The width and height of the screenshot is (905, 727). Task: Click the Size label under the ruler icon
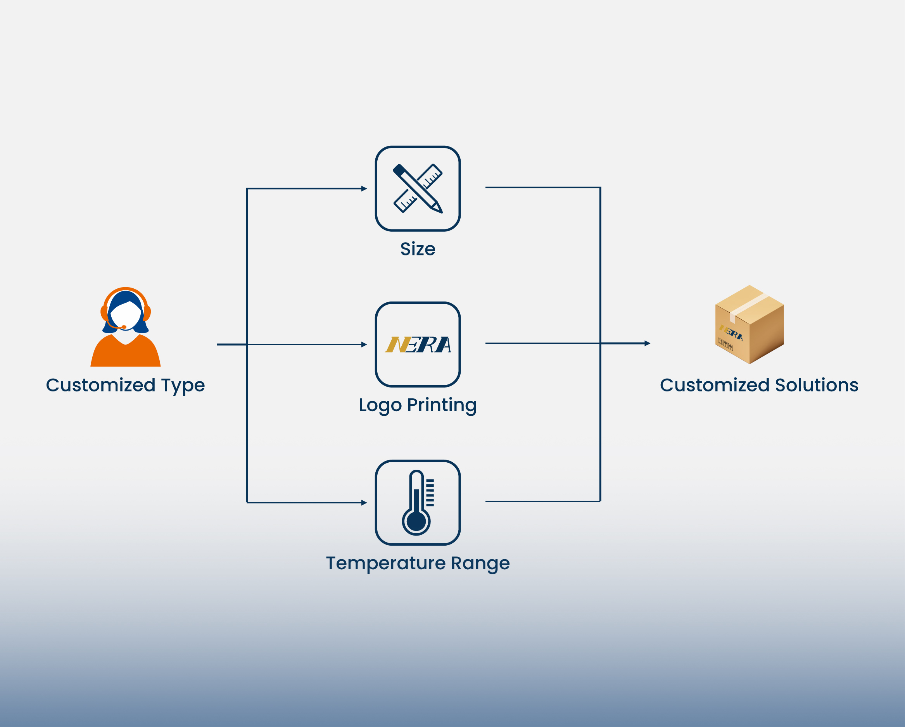click(x=418, y=249)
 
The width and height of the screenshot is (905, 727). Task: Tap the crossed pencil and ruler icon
click(x=418, y=188)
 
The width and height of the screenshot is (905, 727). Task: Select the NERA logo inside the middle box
click(x=418, y=345)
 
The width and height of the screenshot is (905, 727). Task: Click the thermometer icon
click(x=417, y=503)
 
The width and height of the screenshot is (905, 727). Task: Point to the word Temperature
click(x=386, y=563)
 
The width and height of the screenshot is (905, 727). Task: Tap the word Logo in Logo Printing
click(x=380, y=406)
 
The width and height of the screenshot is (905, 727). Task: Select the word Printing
click(x=442, y=406)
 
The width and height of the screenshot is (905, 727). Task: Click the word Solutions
click(x=817, y=385)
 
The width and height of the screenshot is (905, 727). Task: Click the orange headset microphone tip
click(x=124, y=327)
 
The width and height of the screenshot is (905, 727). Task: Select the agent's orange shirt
click(x=126, y=352)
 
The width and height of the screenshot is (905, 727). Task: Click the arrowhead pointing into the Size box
click(x=364, y=189)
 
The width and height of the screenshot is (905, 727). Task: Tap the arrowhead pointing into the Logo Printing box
click(x=364, y=345)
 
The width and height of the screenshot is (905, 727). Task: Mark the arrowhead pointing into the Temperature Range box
click(x=364, y=503)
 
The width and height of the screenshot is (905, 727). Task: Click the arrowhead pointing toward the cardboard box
click(x=648, y=343)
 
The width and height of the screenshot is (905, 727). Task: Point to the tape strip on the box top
click(x=750, y=304)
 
